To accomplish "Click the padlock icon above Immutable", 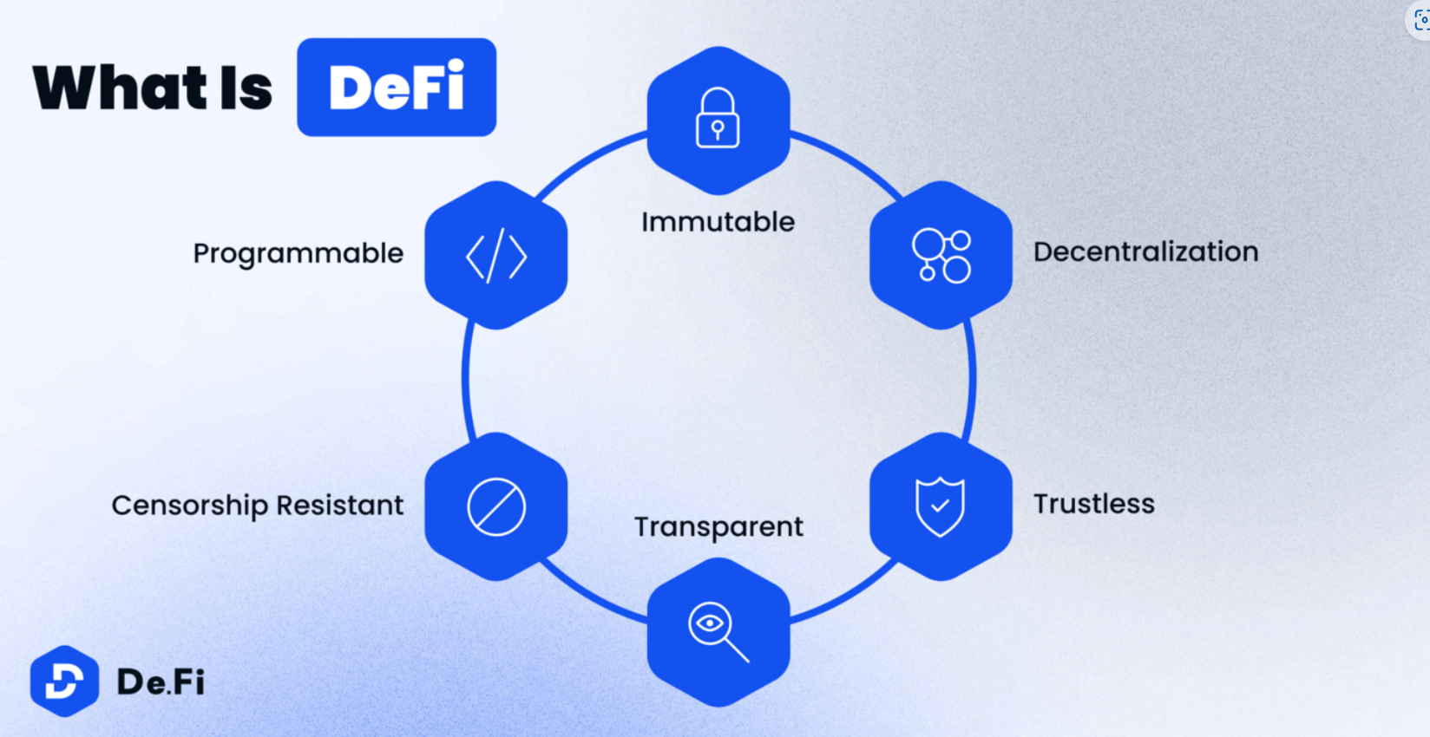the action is click(x=718, y=119).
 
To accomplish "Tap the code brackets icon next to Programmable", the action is click(x=496, y=256).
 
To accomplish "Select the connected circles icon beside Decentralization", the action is click(x=941, y=256).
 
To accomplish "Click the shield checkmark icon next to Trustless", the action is click(x=940, y=506).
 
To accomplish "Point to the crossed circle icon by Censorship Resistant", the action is click(x=496, y=506).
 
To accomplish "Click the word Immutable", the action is click(x=718, y=222).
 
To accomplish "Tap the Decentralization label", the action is click(x=1145, y=251).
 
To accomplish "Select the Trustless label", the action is click(x=1093, y=504).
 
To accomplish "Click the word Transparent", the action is click(x=718, y=527).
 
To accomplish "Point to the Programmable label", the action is click(x=298, y=253).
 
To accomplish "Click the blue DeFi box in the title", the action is click(x=397, y=87).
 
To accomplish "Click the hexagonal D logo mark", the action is click(x=64, y=682).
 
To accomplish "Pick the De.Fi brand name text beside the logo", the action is click(x=161, y=682).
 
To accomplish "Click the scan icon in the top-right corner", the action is click(x=1420, y=19).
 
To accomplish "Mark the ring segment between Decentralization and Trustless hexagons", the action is click(x=971, y=379).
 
